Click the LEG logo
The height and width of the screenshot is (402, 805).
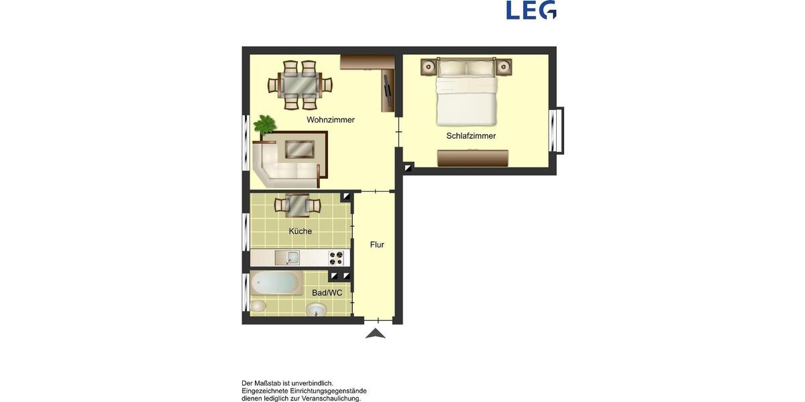pos(531,10)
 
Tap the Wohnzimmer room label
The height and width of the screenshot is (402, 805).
pos(330,120)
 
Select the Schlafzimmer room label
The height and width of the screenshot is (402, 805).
pos(471,136)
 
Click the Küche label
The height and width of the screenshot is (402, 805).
pos(300,231)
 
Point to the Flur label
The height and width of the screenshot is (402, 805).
pos(377,245)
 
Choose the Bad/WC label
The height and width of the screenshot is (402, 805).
pos(327,293)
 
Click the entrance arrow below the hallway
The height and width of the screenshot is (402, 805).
pos(376,333)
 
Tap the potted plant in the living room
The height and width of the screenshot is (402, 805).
pos(265,125)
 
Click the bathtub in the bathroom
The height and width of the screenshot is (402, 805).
pos(276,283)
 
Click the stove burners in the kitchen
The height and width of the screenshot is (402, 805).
pos(336,258)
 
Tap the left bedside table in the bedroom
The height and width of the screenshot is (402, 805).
pos(429,66)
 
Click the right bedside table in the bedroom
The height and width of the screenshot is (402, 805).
pos(503,66)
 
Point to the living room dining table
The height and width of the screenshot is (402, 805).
pos(300,85)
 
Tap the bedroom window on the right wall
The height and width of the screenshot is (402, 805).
pos(555,131)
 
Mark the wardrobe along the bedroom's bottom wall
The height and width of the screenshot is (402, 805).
pos(472,158)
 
